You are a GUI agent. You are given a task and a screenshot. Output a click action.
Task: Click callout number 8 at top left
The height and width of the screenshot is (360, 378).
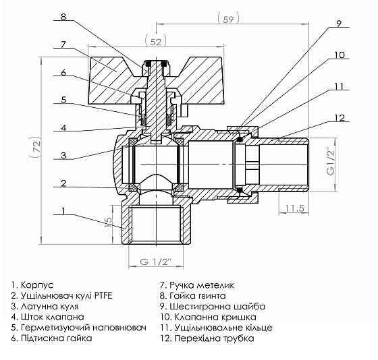click(62, 15)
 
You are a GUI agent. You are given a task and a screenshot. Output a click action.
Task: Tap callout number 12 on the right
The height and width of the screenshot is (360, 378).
click(340, 119)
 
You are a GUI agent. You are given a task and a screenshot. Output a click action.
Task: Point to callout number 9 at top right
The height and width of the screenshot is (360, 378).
click(339, 24)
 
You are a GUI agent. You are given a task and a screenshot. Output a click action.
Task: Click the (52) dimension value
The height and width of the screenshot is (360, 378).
click(156, 41)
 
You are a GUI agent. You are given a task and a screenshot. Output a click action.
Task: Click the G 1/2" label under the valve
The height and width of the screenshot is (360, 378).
click(157, 262)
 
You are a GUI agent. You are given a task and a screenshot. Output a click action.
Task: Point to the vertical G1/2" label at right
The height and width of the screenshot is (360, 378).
click(329, 160)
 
